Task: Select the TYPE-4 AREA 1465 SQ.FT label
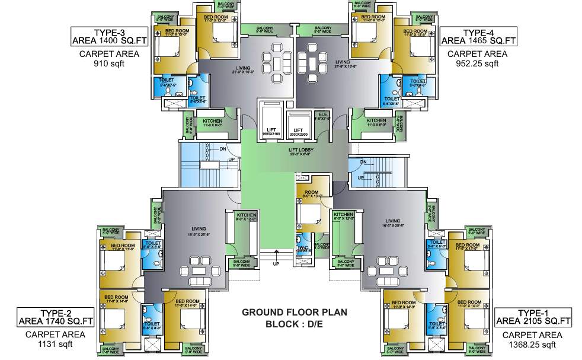pos(478,36)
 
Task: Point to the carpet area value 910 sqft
pos(109,65)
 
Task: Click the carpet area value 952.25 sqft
pos(478,65)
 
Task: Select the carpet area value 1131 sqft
pos(55,343)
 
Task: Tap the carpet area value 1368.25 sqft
pos(533,344)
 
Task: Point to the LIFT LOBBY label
pos(301,150)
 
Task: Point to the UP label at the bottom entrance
pos(276,263)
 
